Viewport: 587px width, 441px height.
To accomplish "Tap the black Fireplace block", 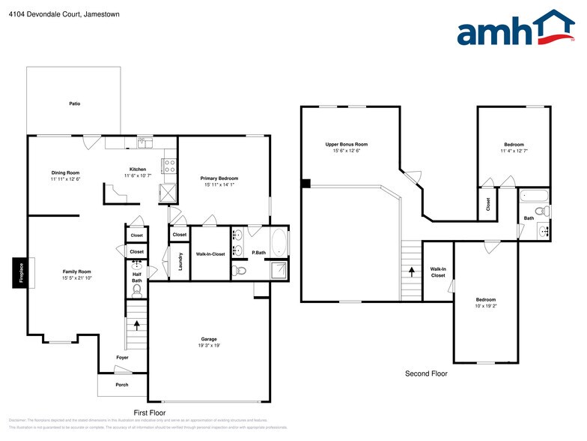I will pyautogui.click(x=18, y=272).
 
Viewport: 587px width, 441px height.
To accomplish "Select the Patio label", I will pyautogui.click(x=75, y=103).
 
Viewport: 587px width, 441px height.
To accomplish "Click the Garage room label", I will pyautogui.click(x=209, y=339).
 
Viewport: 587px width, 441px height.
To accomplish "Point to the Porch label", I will pyautogui.click(x=121, y=385).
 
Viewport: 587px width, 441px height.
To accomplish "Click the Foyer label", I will pyautogui.click(x=122, y=358).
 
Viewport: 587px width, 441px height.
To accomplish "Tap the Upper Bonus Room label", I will pyautogui.click(x=347, y=145).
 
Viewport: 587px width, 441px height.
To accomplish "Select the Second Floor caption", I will pyautogui.click(x=426, y=373).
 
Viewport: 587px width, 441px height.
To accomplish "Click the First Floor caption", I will pyautogui.click(x=149, y=413).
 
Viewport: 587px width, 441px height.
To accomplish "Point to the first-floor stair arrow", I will pyautogui.click(x=137, y=325).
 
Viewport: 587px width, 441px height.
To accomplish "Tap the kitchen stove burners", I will pyautogui.click(x=169, y=166).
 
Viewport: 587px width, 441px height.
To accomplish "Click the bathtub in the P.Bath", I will pyautogui.click(x=279, y=243).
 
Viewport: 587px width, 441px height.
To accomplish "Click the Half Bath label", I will pyautogui.click(x=137, y=277).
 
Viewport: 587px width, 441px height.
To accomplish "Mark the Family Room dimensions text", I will pyautogui.click(x=76, y=278).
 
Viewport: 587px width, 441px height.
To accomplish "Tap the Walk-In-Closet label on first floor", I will pyautogui.click(x=210, y=254).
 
